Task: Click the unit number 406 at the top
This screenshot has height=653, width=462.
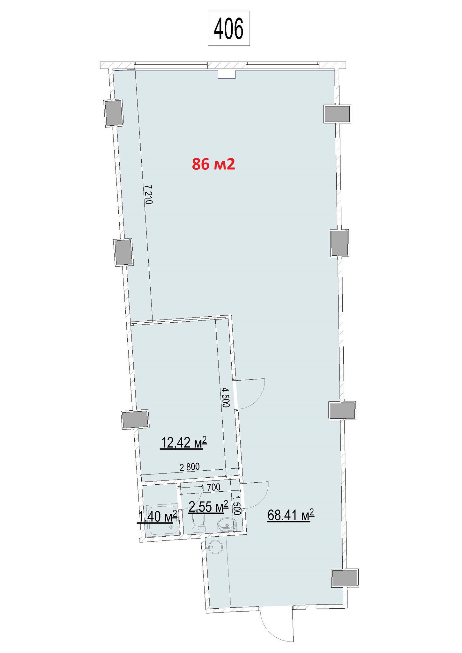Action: pos(228,29)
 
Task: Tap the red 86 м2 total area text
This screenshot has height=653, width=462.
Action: pos(213,164)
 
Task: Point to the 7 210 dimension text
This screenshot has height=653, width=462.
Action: pos(148,194)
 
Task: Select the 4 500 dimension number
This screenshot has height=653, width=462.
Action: pos(226,397)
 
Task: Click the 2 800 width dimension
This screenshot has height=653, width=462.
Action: pos(190,467)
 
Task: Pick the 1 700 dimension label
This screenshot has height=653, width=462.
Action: pos(211,487)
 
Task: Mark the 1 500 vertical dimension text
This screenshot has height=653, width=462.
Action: pos(236,505)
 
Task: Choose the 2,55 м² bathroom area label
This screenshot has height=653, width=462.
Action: pos(208,506)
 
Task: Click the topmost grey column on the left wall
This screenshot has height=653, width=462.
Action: pos(114,113)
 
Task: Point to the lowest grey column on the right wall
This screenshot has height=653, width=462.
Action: pos(345,578)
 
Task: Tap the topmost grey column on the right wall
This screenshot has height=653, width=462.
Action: pos(337,114)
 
